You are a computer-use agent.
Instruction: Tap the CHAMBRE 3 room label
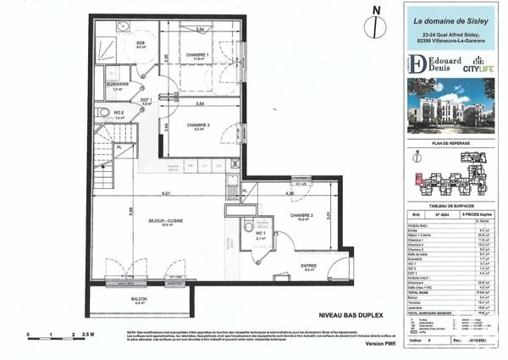pyautogui.click(x=197, y=125)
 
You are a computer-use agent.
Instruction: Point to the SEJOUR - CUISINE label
pyautogui.click(x=166, y=220)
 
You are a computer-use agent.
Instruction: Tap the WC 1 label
pyautogui.click(x=251, y=235)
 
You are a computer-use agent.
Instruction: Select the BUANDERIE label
pyautogui.click(x=118, y=85)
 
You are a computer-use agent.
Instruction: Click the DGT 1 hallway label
pyautogui.click(x=145, y=100)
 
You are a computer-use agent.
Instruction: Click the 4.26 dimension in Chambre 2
pyautogui.click(x=290, y=194)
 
